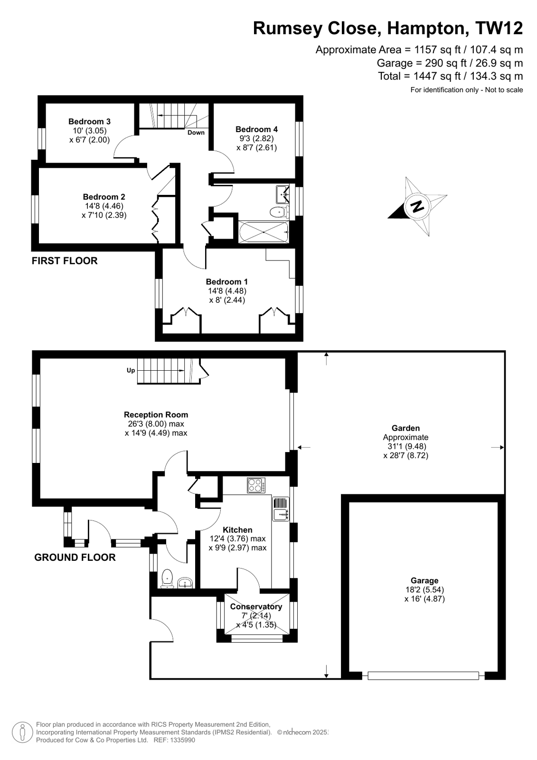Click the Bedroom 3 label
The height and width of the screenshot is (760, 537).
coord(89,122)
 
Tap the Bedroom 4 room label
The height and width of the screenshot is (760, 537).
coord(256,129)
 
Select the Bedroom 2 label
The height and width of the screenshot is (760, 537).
coord(104,197)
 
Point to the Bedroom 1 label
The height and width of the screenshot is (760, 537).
coord(227,282)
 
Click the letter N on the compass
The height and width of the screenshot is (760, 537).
coord(417,206)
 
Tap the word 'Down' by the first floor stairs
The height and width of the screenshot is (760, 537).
coord(196,133)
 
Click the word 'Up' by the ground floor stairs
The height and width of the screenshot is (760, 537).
coord(131,370)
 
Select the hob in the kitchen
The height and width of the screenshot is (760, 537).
coord(256,485)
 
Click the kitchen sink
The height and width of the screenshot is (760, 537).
coord(281,509)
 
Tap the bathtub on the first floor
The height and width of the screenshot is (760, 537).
coord(263,232)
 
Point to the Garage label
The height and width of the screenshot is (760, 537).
coord(424,581)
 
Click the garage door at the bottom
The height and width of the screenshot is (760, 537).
coord(423,675)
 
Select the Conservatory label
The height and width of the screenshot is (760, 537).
coord(256,607)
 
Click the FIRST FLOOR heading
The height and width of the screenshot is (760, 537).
coord(65,261)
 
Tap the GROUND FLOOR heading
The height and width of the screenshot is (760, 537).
coord(75,558)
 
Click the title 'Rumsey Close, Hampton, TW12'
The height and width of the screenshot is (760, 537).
coord(387,29)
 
